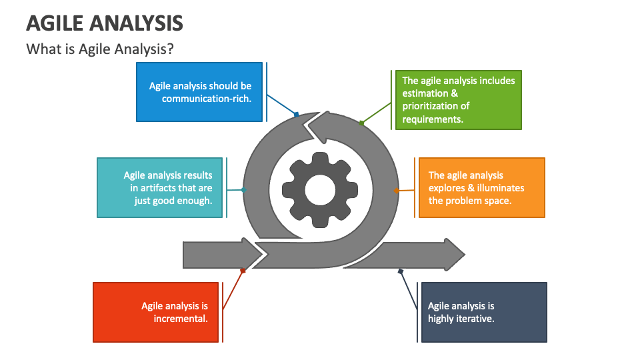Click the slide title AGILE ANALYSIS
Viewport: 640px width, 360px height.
(105, 23)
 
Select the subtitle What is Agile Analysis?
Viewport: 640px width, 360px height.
(100, 49)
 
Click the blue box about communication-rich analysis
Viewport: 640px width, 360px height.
(199, 92)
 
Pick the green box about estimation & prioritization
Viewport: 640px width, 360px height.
(459, 100)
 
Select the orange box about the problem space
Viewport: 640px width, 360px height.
(481, 187)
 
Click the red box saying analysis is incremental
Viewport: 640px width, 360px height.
(156, 312)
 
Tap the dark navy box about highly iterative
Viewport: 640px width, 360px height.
(484, 312)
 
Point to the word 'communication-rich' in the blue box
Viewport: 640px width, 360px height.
(206, 99)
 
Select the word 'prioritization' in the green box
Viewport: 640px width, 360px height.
(435, 106)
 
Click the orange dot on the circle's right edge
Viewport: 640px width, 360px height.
(396, 191)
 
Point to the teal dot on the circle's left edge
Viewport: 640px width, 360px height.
(244, 190)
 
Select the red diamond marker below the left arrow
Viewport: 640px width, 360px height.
(243, 271)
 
